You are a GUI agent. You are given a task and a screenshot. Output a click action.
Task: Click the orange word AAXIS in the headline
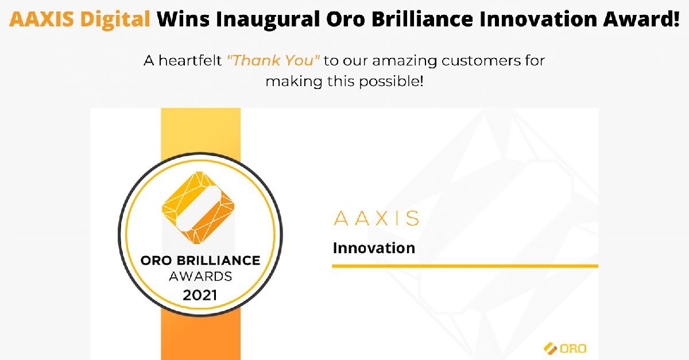click(x=41, y=19)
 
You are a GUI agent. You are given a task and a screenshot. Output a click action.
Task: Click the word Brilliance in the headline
click(x=422, y=19)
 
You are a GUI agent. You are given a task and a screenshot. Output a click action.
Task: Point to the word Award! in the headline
click(x=641, y=19)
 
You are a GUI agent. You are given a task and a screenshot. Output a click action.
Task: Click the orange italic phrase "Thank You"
click(x=273, y=60)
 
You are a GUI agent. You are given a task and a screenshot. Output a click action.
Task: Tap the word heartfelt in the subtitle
click(x=190, y=60)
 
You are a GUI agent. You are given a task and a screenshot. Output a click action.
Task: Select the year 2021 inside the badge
click(x=200, y=295)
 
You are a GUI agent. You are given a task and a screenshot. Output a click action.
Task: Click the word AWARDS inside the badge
click(x=200, y=276)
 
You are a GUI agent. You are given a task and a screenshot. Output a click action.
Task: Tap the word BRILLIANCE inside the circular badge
click(x=218, y=261)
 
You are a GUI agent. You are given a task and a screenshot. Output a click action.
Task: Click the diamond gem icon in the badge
click(x=198, y=208)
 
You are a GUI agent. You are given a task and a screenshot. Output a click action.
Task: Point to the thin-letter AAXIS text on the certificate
click(x=376, y=218)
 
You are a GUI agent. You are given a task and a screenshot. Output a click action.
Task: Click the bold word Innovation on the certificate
click(x=374, y=248)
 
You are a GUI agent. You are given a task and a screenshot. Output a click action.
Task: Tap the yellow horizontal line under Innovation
click(x=465, y=266)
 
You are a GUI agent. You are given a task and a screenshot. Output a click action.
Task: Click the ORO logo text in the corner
click(x=573, y=349)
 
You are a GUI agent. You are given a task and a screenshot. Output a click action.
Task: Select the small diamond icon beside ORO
click(x=550, y=349)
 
